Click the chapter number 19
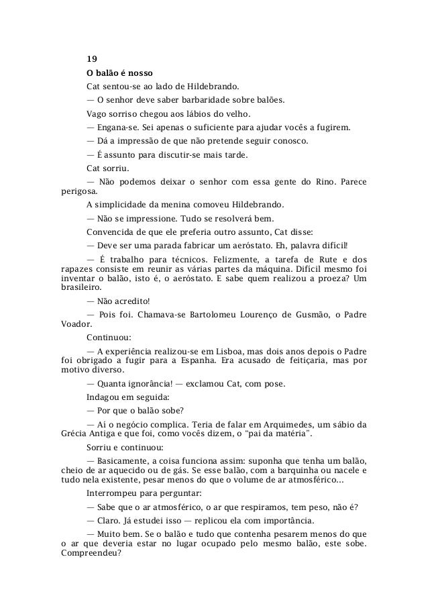coord(92,58)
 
